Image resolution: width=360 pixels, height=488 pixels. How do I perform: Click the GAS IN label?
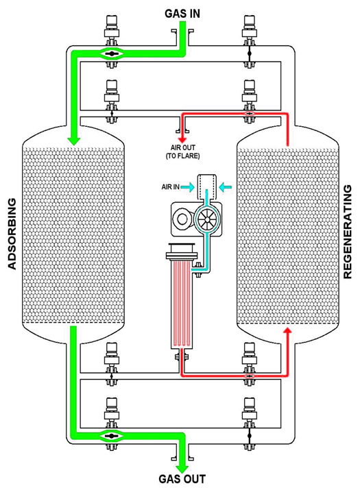(182, 14)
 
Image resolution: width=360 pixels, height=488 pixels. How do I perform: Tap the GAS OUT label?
(182, 478)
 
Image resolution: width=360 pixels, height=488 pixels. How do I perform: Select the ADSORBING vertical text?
(12, 234)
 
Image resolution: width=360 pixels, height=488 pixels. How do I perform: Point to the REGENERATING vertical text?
(348, 232)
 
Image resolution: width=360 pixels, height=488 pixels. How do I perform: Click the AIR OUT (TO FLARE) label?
(182, 151)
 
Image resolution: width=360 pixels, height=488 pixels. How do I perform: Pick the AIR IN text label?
(170, 187)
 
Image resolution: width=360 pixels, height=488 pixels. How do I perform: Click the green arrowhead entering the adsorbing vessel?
(74, 141)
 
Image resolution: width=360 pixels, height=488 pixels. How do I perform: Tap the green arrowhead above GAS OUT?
(182, 468)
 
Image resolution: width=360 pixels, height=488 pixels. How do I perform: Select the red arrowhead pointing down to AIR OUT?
(182, 140)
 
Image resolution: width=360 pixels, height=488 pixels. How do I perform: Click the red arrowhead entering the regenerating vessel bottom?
(288, 330)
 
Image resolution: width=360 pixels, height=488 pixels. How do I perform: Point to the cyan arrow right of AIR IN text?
(187, 187)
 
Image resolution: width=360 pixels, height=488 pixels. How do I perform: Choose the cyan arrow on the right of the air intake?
(226, 187)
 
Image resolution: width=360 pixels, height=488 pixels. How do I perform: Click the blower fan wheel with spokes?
(206, 219)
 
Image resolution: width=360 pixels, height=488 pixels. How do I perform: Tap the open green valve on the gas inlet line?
(111, 54)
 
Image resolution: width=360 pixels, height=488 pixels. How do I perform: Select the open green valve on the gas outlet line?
(111, 436)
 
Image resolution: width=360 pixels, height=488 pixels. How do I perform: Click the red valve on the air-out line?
(249, 113)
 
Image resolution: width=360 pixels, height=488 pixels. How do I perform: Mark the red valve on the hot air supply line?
(249, 376)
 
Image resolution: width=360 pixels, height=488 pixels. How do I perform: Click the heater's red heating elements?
(182, 304)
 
